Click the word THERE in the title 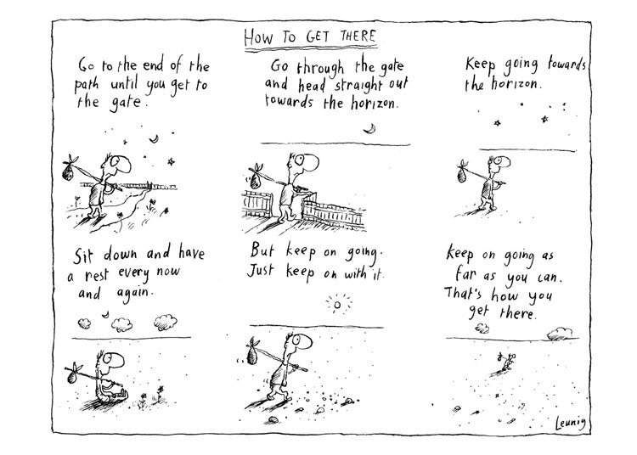pos(358,37)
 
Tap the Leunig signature pos(571,423)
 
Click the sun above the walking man pos(337,305)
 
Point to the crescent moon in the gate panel pos(369,129)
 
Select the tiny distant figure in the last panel pos(505,363)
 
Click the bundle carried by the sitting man pos(72,377)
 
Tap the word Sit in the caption pos(83,256)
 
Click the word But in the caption pos(262,250)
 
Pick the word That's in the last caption pos(462,293)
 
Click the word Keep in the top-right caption pos(480,65)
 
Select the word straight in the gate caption pos(358,86)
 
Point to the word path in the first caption pos(87,86)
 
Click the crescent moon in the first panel pos(154,139)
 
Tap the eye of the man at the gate pos(300,160)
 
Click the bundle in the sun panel pos(252,354)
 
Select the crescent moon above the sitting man pos(105,314)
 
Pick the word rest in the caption pos(97,276)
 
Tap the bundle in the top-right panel pos(462,175)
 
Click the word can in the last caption pos(550,278)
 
